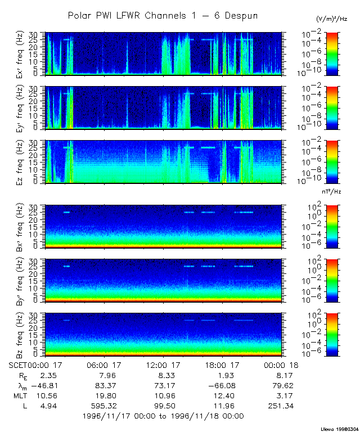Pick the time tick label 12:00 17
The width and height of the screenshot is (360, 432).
pyautogui.click(x=163, y=366)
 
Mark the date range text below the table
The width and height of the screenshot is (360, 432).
pyautogui.click(x=163, y=416)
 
